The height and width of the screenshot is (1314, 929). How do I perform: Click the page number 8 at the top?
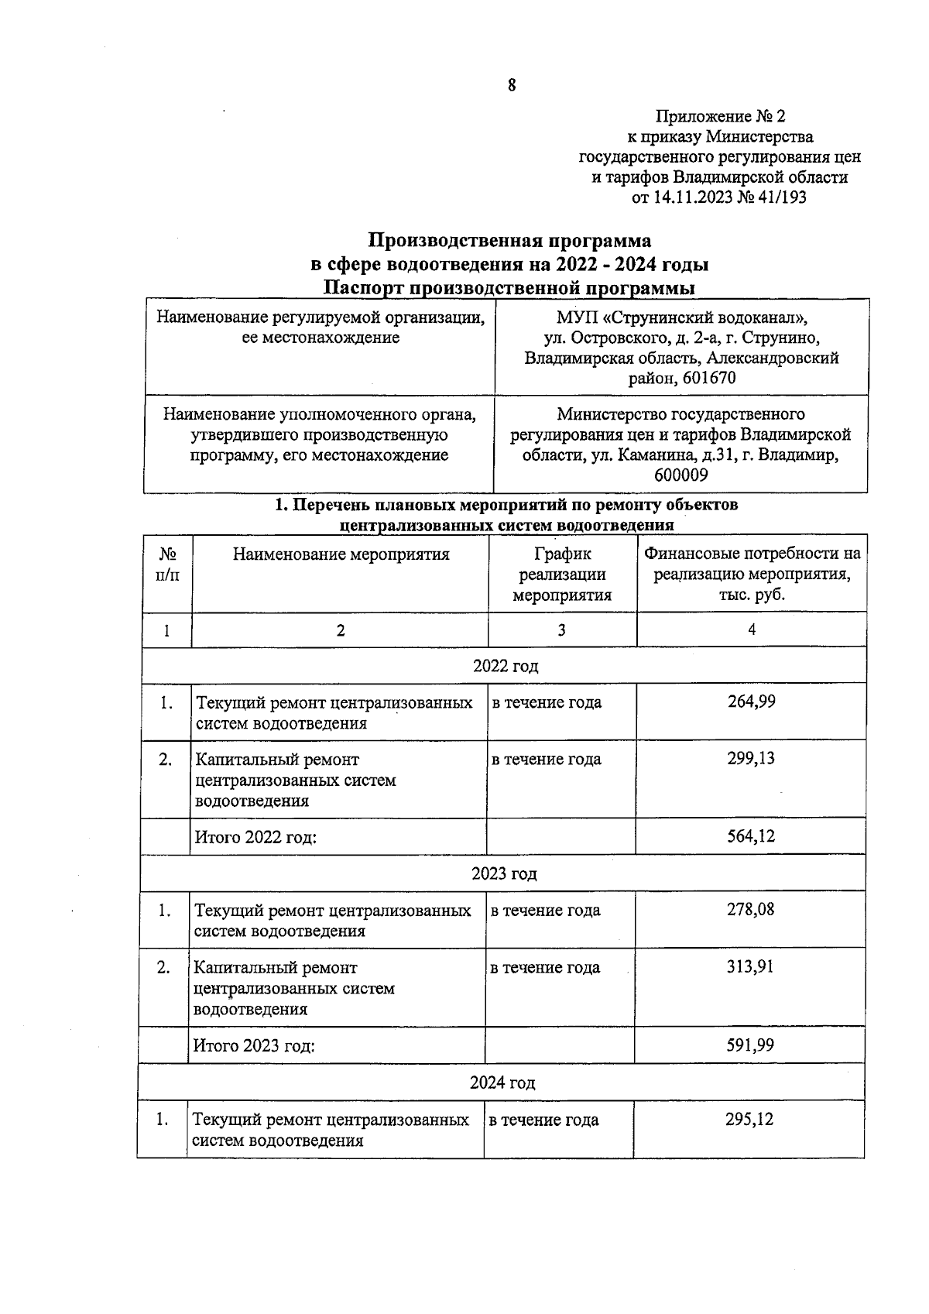512,86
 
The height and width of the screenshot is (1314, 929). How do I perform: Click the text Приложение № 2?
720,117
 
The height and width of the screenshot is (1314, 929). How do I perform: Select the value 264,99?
751,702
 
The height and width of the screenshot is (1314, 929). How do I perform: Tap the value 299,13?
751,758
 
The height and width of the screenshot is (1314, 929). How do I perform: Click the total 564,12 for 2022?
751,836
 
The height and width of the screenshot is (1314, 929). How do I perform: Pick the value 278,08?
750,909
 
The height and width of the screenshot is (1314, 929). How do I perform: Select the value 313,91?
750,966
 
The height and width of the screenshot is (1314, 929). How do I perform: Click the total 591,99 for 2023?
750,1045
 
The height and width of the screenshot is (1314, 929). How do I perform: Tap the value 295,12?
749,1119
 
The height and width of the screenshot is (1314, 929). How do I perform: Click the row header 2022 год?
505,666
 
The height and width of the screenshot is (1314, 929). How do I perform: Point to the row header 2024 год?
502,1082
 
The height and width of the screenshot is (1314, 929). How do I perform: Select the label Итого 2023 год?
254,1046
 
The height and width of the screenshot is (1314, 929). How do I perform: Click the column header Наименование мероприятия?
341,554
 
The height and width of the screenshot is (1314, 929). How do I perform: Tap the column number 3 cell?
561,630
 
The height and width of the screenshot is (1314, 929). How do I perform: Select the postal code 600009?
681,475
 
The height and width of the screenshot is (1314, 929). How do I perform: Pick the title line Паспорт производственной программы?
509,288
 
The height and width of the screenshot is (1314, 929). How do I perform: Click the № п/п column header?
167,565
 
